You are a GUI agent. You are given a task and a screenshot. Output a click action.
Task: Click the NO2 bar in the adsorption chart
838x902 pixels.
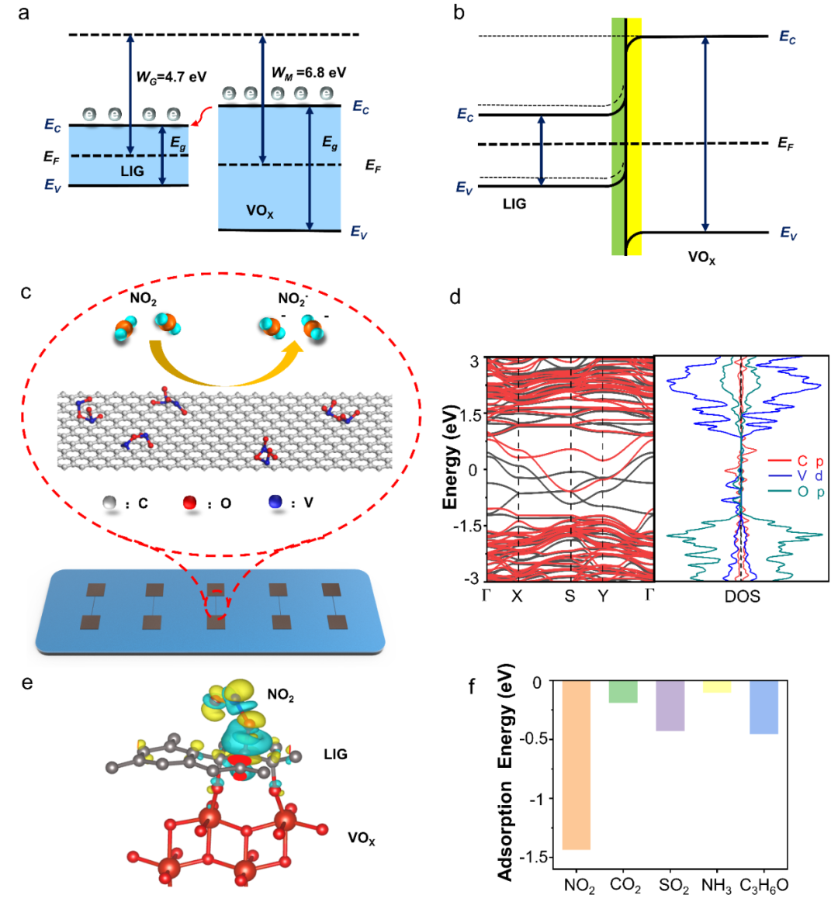[x=577, y=765]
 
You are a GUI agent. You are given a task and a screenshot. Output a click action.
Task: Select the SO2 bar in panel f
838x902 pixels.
[x=670, y=706]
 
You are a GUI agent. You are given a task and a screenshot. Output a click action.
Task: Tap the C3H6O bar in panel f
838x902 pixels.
[x=764, y=707]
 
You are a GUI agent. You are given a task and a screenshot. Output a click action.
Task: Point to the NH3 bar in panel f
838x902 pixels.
[x=716, y=687]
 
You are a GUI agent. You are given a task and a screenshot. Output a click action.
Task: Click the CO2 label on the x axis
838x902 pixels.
[x=625, y=885]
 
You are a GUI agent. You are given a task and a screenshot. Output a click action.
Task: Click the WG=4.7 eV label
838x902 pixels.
[x=171, y=77]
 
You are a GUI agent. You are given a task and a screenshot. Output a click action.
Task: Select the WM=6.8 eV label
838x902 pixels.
[x=308, y=73]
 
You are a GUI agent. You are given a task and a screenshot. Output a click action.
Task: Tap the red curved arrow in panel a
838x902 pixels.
[x=203, y=116]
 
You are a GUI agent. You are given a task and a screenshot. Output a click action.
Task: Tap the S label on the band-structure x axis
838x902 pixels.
[x=570, y=596]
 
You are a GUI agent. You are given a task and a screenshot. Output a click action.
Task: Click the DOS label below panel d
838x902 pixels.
[x=742, y=596]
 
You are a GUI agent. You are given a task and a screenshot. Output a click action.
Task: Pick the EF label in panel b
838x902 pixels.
[x=786, y=143]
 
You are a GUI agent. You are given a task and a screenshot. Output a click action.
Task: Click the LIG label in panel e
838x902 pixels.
[x=335, y=754]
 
